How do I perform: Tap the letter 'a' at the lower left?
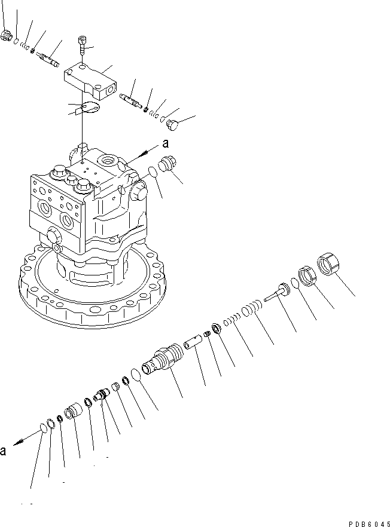click(4, 451)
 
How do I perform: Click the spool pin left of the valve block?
click(47, 59)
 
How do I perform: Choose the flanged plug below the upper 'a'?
click(169, 166)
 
